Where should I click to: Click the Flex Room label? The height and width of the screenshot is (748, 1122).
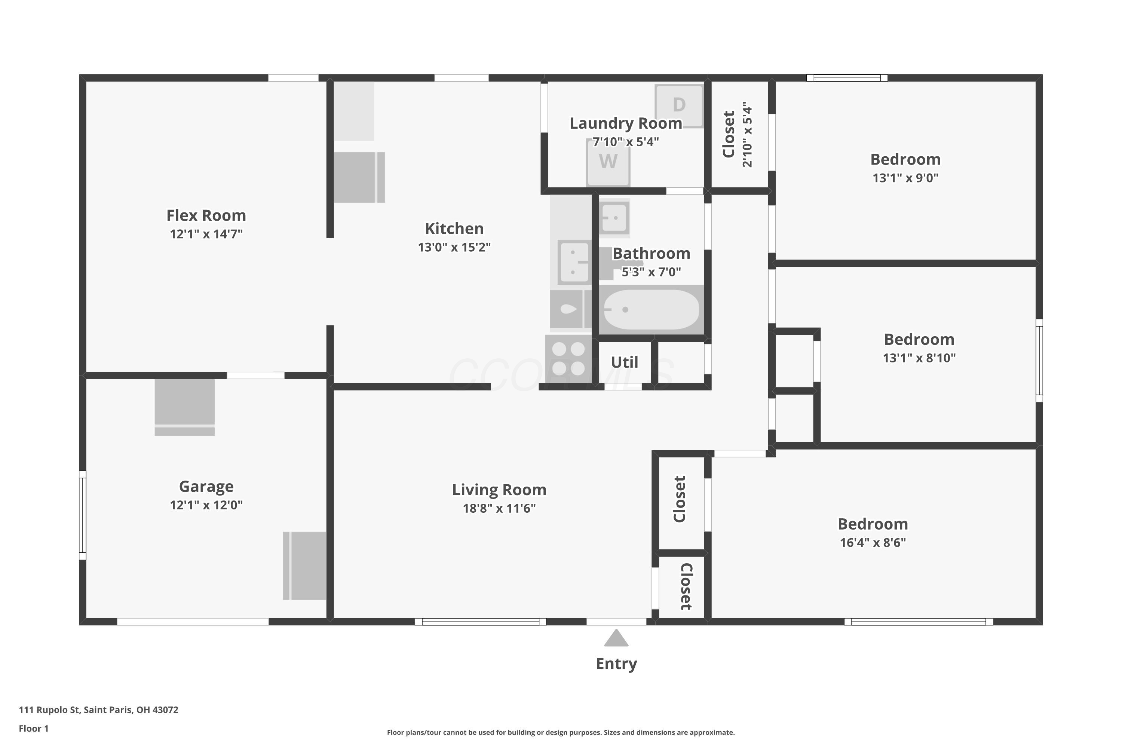click(x=206, y=216)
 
